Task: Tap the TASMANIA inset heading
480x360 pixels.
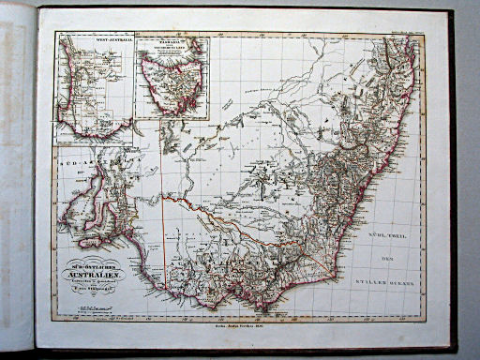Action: pos(172,41)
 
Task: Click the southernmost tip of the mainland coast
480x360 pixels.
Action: pos(263,308)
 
